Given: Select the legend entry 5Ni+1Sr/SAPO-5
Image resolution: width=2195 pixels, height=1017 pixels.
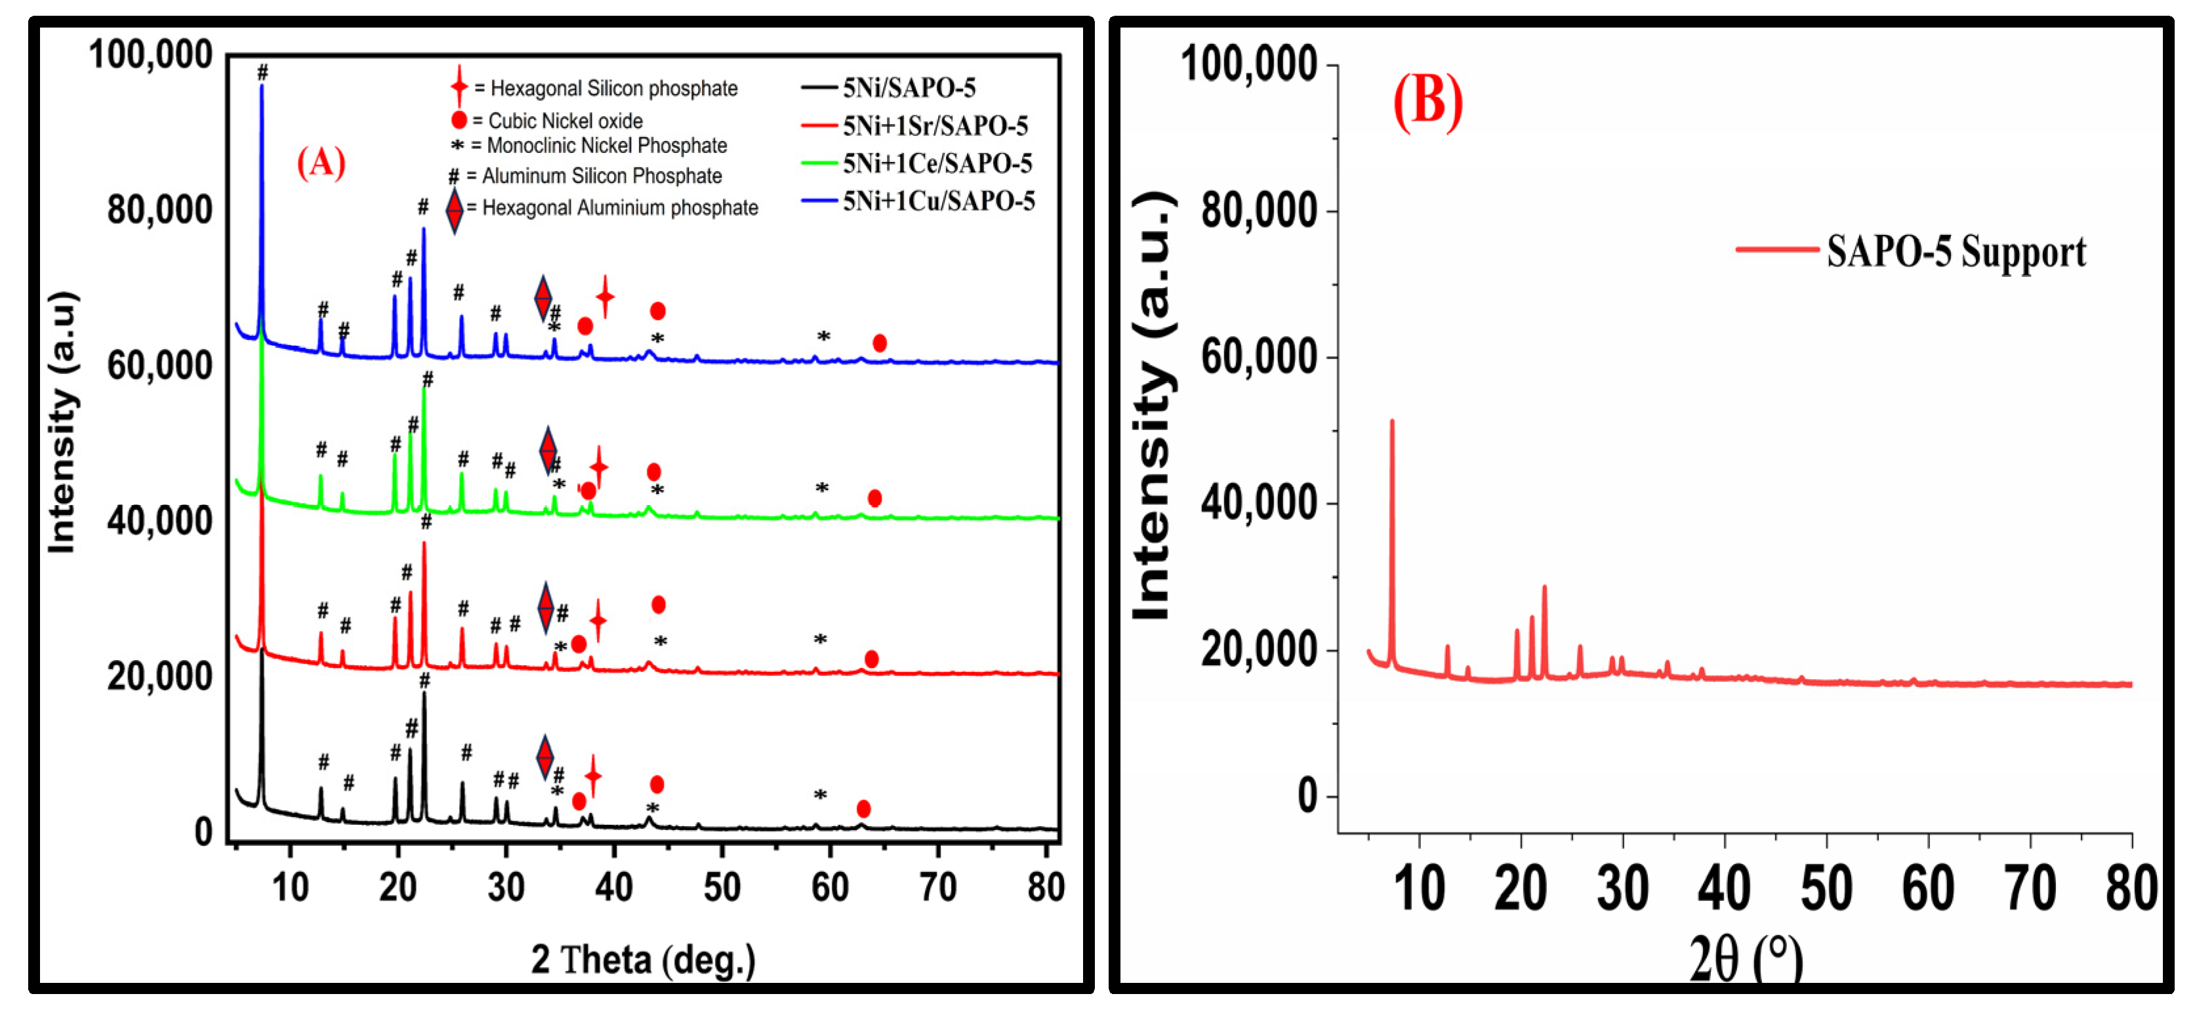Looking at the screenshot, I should pyautogui.click(x=935, y=125).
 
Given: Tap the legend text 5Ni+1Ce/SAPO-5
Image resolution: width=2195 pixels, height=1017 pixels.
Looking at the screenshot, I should pyautogui.click(x=937, y=163).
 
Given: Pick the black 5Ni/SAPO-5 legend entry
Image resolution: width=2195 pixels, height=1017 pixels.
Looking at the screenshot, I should pyautogui.click(x=909, y=87).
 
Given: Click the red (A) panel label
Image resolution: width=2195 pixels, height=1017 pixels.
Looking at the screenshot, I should pyautogui.click(x=321, y=161).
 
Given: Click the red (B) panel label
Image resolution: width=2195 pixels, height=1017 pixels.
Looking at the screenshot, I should pyautogui.click(x=1427, y=102).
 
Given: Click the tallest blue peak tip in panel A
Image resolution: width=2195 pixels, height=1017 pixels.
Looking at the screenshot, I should pyautogui.click(x=262, y=86).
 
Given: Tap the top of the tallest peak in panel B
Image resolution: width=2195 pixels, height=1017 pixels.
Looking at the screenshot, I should pyautogui.click(x=1392, y=421).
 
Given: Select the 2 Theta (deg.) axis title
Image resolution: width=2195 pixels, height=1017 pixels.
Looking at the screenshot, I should pyautogui.click(x=644, y=960).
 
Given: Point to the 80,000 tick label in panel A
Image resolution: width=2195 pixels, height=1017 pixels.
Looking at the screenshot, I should pyautogui.click(x=159, y=210).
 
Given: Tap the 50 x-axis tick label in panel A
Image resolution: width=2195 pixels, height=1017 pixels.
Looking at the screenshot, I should pyautogui.click(x=722, y=888).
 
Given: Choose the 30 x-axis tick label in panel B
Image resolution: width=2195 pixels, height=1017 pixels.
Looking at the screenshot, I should pyautogui.click(x=1622, y=889).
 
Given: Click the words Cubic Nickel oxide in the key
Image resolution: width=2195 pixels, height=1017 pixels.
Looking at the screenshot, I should pyautogui.click(x=565, y=121).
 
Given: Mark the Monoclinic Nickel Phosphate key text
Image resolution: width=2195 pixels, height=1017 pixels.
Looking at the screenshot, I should pyautogui.click(x=607, y=146).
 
